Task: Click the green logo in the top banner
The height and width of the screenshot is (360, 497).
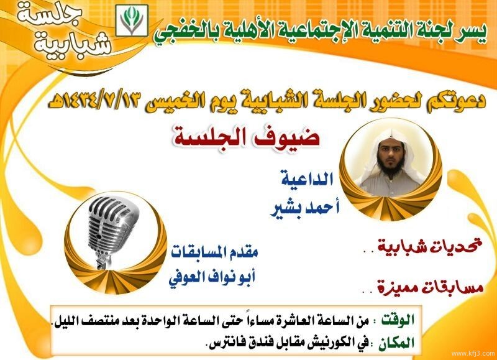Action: pyautogui.click(x=132, y=21)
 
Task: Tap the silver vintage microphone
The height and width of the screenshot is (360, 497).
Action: pyautogui.click(x=112, y=231)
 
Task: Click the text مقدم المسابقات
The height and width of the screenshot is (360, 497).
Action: pyautogui.click(x=215, y=252)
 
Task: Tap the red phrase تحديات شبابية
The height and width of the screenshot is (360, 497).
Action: pyautogui.click(x=429, y=246)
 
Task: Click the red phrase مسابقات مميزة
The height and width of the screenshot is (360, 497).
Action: pyautogui.click(x=430, y=288)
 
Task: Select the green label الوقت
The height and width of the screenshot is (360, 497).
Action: pyautogui.click(x=398, y=320)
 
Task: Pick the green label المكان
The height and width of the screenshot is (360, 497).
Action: pyautogui.click(x=396, y=343)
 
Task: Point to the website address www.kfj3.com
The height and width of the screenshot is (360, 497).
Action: pyautogui.click(x=473, y=353)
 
